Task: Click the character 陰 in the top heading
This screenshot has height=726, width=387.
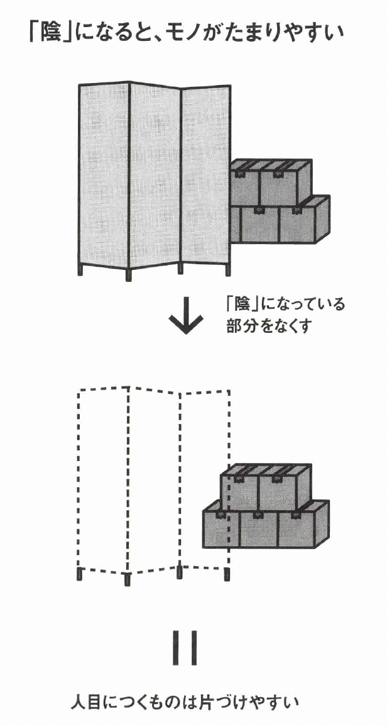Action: [51, 33]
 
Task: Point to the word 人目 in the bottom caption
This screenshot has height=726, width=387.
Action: [88, 701]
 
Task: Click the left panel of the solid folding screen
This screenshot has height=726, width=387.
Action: [104, 176]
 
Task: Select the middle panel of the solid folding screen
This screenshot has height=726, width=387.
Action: [155, 176]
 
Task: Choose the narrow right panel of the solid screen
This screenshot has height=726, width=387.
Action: [205, 176]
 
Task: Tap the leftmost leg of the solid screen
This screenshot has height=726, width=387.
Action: [80, 271]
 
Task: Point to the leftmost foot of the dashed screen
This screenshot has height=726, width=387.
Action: [79, 574]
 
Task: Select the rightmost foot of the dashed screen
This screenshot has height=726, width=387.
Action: [227, 574]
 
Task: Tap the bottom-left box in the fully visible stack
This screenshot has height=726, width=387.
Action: [220, 528]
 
